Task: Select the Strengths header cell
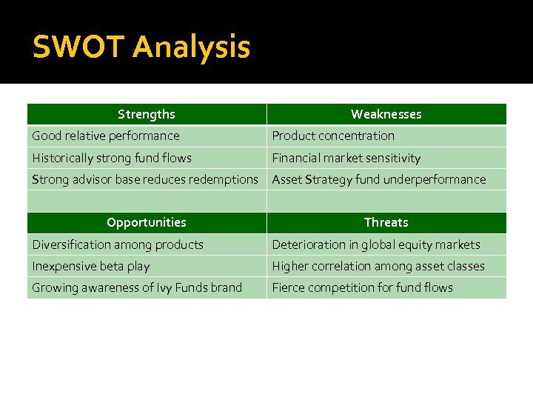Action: coord(147,114)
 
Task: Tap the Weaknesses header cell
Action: coord(386,114)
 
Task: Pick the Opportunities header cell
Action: coord(147,222)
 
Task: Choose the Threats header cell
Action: coord(386,222)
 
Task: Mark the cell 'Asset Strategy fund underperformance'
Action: coord(379,179)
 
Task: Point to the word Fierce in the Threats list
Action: coord(287,287)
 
